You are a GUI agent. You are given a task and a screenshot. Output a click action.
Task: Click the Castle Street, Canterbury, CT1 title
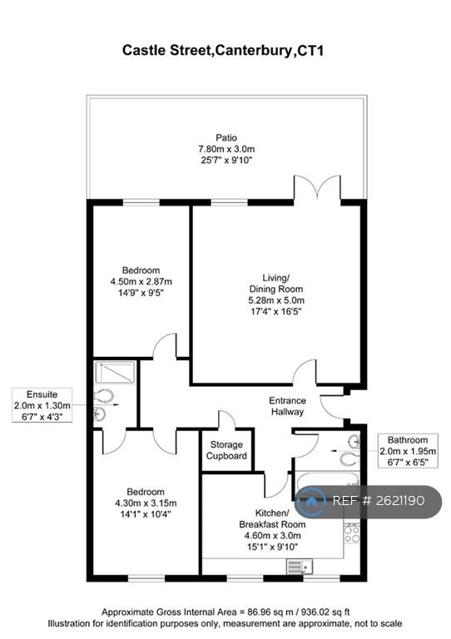tap(223, 51)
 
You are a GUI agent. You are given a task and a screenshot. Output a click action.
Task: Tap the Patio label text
tap(226, 138)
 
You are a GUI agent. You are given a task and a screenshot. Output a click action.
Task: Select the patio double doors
tap(317, 188)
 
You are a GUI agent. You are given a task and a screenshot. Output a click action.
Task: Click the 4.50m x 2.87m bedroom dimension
tap(141, 281)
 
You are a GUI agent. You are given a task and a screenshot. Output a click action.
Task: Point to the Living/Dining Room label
tap(276, 284)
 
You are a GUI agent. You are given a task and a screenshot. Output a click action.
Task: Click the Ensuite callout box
tap(42, 405)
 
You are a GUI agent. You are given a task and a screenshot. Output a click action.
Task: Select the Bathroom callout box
tap(408, 451)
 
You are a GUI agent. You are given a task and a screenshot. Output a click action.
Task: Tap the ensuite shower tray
tap(115, 372)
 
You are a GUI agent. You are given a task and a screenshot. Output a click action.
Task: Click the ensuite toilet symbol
tap(103, 395)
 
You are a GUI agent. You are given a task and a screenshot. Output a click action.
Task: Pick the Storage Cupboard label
tap(226, 450)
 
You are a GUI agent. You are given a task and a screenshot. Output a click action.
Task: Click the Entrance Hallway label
tap(287, 406)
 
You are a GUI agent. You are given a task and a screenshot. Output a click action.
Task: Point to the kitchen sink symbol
tap(300, 567)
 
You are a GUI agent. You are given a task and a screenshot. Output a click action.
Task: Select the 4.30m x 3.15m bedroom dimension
tap(146, 503)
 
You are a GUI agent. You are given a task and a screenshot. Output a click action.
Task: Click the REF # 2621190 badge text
tap(379, 500)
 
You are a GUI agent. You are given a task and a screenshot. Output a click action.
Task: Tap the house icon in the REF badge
tap(311, 501)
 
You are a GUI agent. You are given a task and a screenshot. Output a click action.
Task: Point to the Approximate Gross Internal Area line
tap(226, 612)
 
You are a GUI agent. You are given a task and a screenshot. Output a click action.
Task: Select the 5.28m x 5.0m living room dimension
tap(276, 300)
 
